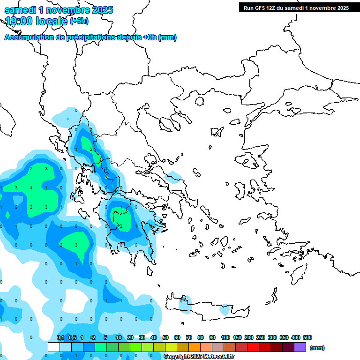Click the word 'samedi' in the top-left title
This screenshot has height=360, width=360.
[x=19, y=10]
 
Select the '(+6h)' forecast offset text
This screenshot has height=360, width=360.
[x=79, y=21]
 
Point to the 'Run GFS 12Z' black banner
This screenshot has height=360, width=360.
[x=294, y=7]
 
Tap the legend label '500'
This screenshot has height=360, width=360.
[x=307, y=337]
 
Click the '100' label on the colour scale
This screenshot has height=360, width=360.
[x=225, y=337]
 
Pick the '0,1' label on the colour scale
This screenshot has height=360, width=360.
[x=60, y=337]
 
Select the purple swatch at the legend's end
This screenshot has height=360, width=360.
[x=300, y=347]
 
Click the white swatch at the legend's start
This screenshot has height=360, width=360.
[x=54, y=347]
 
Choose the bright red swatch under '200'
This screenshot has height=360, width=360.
[x=253, y=347]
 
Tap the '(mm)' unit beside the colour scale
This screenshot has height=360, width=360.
[x=317, y=348]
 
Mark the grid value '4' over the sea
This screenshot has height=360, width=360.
[x=31, y=188]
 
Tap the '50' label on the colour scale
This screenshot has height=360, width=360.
[x=165, y=337]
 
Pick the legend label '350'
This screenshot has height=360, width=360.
[x=284, y=337]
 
